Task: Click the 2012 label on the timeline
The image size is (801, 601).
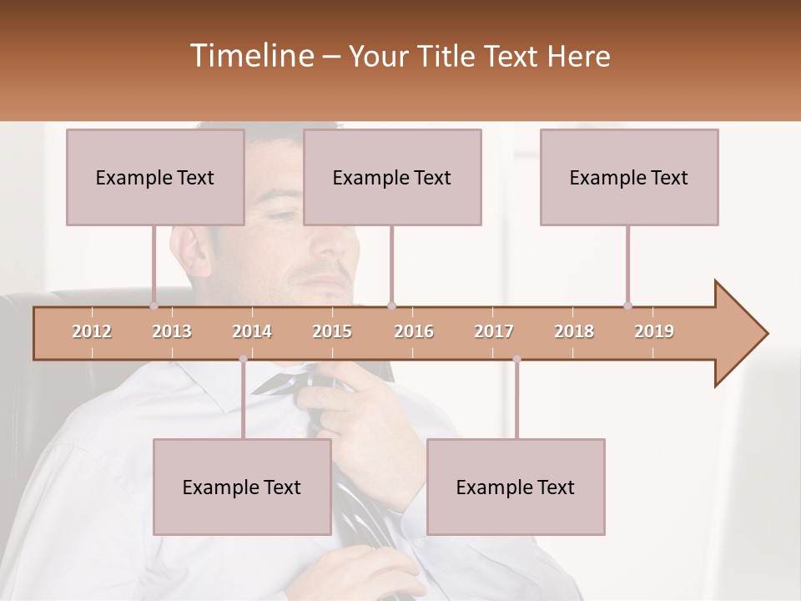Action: (x=92, y=331)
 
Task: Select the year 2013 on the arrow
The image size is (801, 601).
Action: (x=172, y=331)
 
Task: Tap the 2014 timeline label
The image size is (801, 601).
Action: (x=252, y=331)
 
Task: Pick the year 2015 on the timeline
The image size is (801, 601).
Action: (x=332, y=331)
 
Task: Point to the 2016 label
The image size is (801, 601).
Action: (x=414, y=331)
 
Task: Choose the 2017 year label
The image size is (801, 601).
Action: (x=494, y=331)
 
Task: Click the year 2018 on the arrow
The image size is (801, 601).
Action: (x=574, y=331)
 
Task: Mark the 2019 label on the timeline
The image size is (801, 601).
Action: (x=654, y=331)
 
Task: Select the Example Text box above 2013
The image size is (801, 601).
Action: (x=155, y=177)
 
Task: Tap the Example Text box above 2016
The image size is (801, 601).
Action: (x=392, y=177)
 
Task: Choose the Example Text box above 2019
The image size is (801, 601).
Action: (x=629, y=177)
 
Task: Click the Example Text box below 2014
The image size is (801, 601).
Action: (x=242, y=487)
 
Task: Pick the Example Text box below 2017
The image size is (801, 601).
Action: (x=516, y=487)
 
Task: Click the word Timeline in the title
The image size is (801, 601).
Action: (x=250, y=56)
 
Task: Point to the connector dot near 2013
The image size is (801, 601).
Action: (x=154, y=306)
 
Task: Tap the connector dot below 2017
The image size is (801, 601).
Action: (x=516, y=359)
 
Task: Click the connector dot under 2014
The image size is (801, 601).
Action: (x=243, y=359)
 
